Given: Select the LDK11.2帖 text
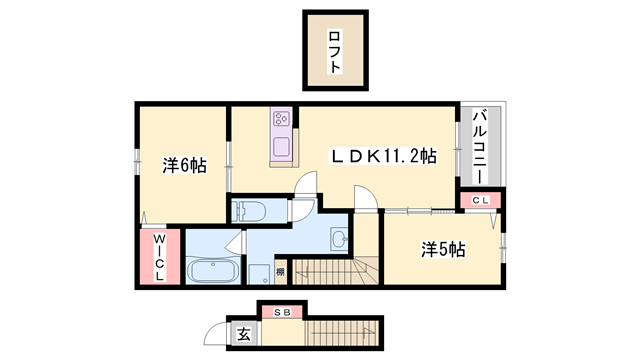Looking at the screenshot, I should pos(384,155).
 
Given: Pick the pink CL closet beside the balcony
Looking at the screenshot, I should pos(479,201).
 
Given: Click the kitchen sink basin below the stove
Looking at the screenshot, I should pos(280,149).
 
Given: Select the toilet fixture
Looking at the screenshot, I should pos(247,211).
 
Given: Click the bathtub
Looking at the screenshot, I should pos(212,272).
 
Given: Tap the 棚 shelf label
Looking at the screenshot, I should pos(280,271).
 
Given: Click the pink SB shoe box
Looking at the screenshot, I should pos(283,312).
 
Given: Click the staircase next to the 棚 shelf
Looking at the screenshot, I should pos(330,270).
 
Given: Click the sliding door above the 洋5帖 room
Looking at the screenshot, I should pos(407,209).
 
